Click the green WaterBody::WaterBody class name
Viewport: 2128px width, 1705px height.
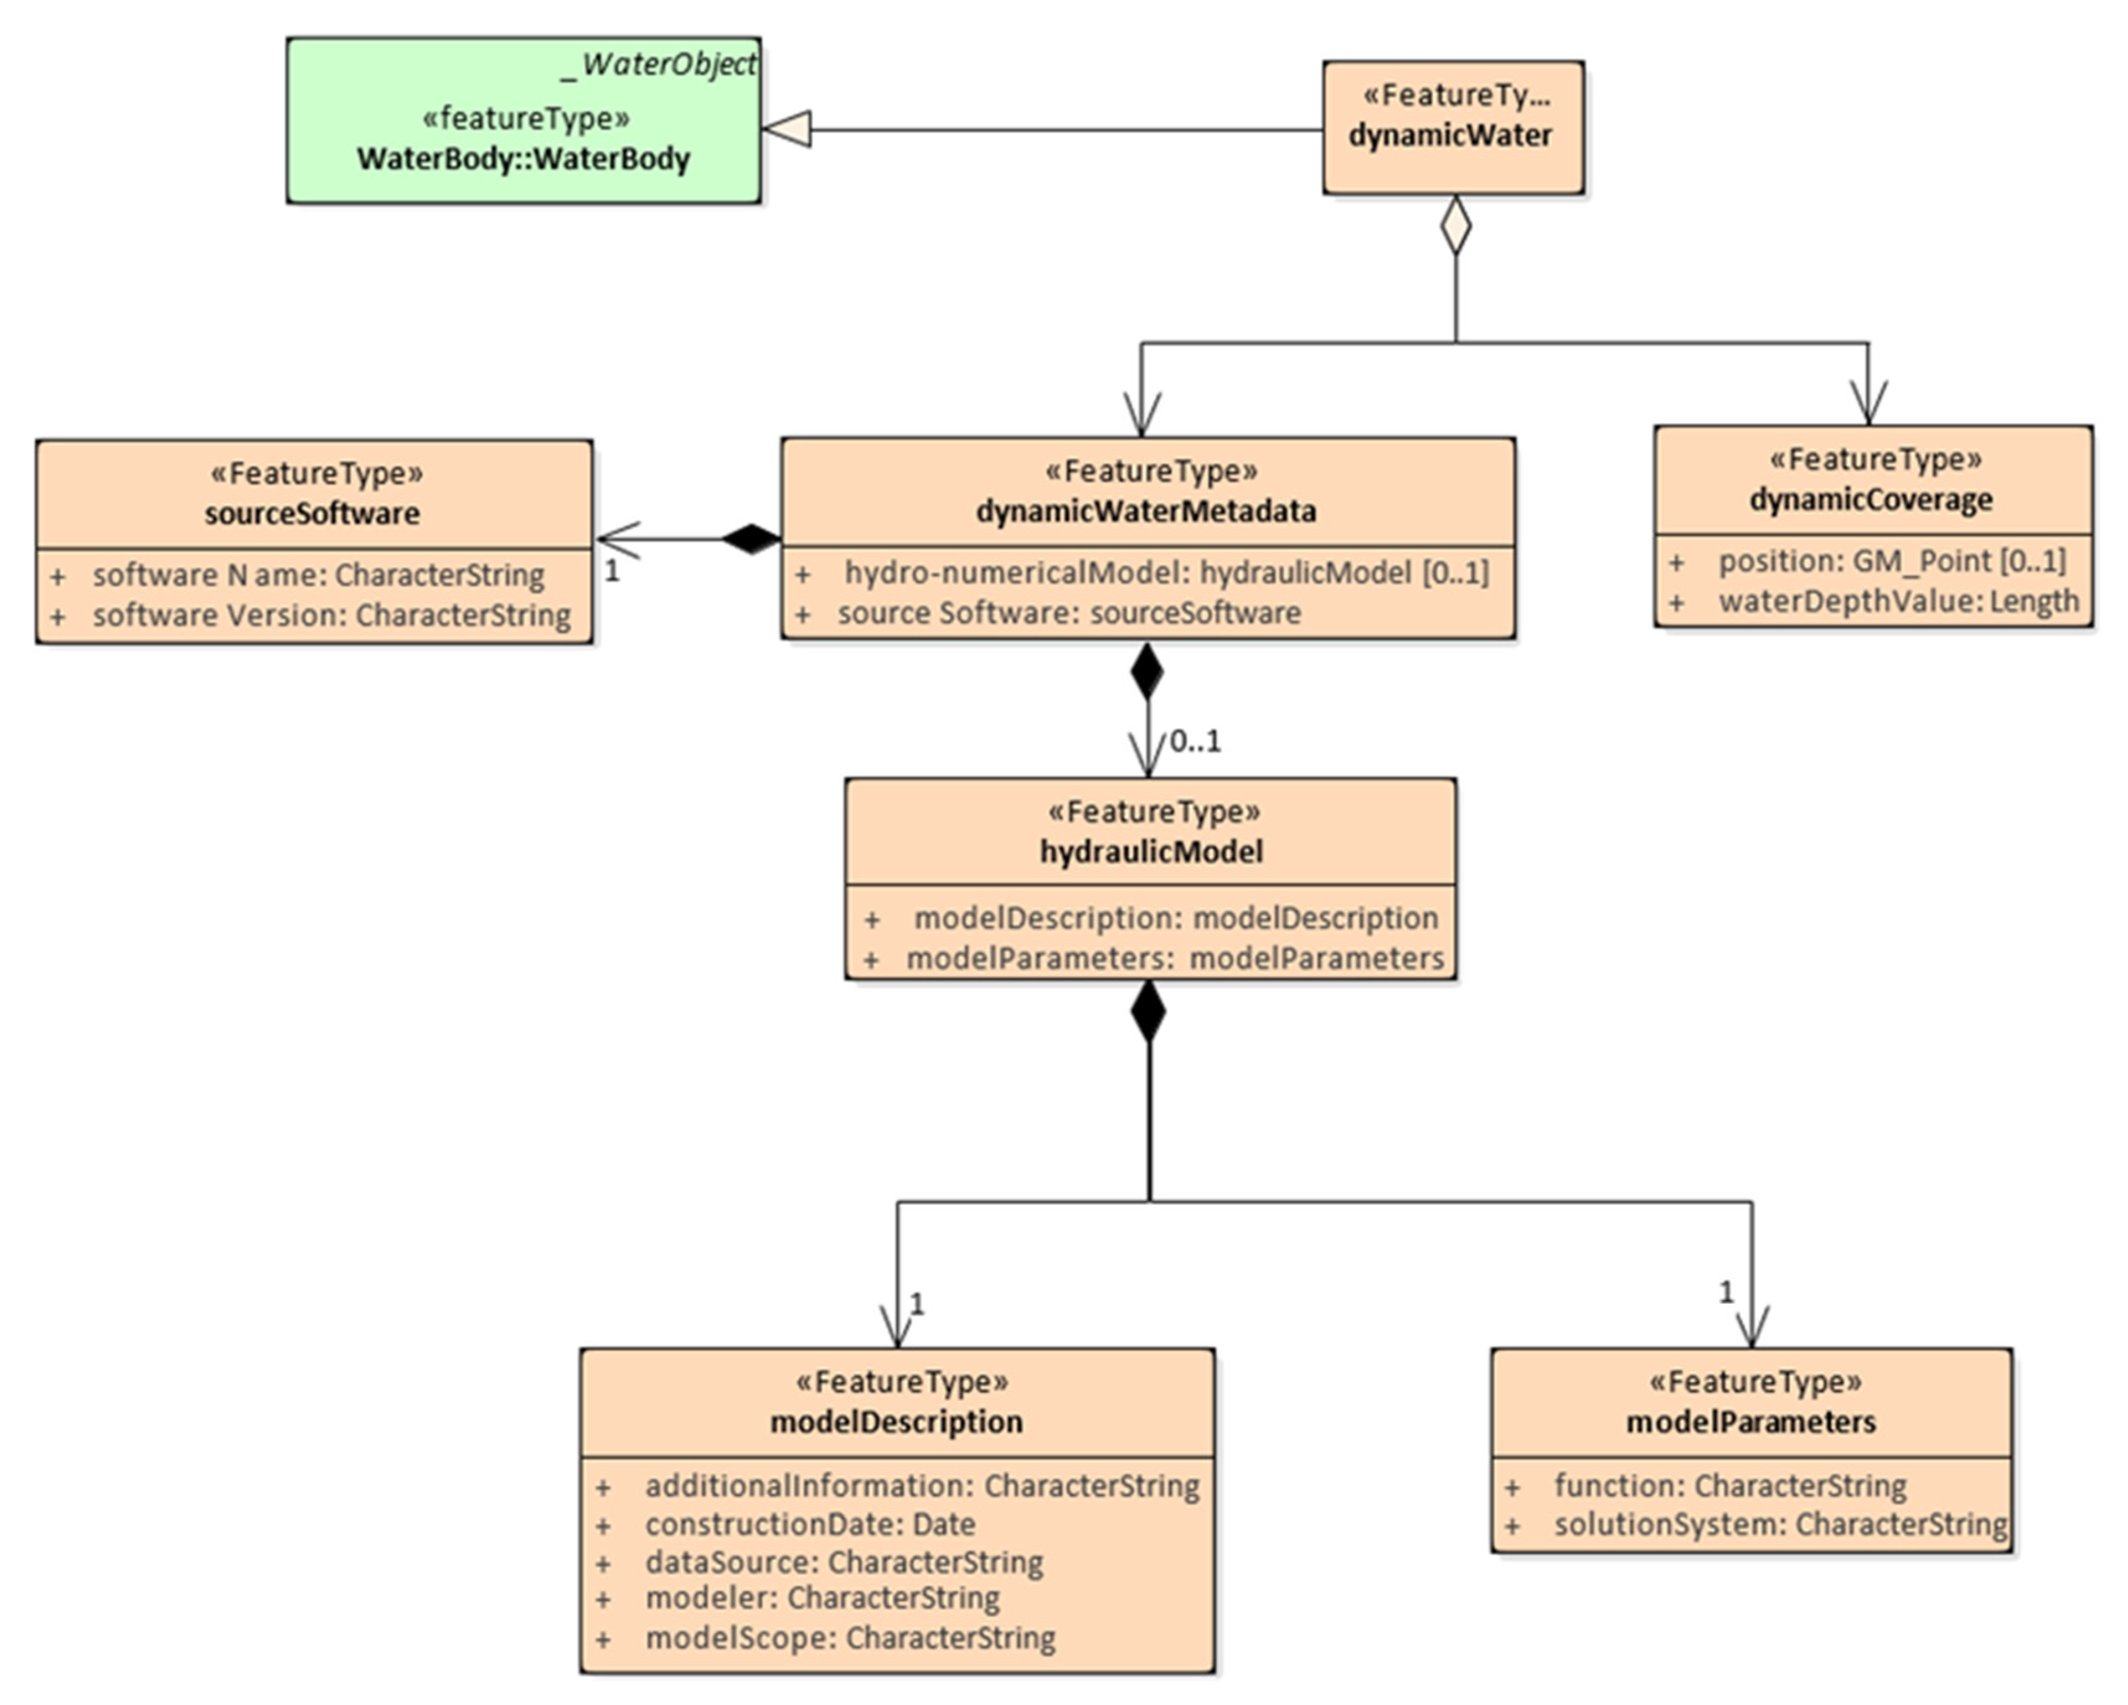(x=523, y=159)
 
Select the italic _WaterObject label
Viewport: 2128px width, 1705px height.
(x=658, y=64)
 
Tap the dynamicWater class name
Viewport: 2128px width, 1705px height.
(x=1450, y=135)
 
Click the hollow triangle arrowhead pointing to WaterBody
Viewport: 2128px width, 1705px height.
(x=786, y=129)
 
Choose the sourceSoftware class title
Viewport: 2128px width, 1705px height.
(x=312, y=513)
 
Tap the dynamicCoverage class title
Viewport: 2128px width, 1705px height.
(x=1871, y=499)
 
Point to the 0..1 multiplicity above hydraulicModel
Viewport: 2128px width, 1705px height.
(x=1195, y=741)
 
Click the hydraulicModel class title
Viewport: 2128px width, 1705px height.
(x=1151, y=851)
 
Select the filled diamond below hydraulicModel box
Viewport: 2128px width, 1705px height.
(x=1148, y=1011)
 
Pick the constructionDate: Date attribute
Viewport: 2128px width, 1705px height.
(x=811, y=1525)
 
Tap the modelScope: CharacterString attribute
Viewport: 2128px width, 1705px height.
(x=850, y=1638)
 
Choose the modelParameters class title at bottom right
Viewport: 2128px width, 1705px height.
(x=1751, y=1422)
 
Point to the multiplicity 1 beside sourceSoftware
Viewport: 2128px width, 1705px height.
(x=612, y=570)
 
